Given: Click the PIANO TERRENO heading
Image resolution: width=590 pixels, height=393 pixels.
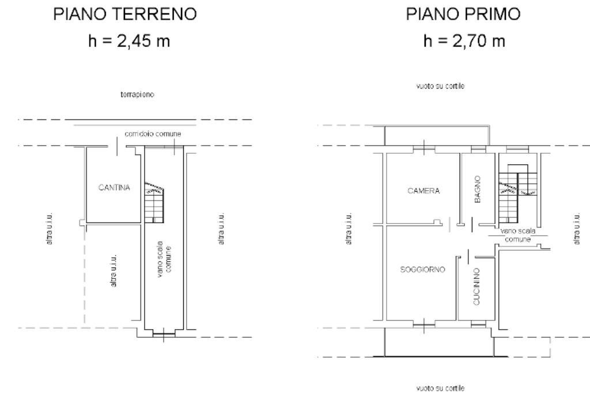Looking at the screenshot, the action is point(125,14).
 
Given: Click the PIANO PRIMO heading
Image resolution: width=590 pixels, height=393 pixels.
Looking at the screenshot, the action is point(463,14).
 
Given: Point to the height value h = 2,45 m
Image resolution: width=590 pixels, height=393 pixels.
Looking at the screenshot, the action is point(129,41).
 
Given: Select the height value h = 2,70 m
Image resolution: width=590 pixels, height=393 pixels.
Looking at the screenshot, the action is point(464,41).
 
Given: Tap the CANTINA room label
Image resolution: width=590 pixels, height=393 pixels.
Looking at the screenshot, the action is point(114,187).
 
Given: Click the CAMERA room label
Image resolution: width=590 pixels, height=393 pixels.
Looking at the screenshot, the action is point(423,191).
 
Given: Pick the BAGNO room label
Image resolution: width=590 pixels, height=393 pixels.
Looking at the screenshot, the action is point(478,189).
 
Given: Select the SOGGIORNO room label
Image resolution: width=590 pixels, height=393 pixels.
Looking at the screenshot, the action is point(422,270).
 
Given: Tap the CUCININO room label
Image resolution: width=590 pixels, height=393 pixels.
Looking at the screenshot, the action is point(476,286).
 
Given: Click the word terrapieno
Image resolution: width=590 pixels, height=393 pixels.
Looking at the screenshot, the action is point(137,95).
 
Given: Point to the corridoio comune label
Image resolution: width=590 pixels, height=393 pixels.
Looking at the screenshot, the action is point(153,134).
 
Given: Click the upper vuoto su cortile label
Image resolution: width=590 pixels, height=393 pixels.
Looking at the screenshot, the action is point(440,86).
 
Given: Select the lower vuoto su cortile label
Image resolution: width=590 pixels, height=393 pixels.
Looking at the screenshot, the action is point(440,388).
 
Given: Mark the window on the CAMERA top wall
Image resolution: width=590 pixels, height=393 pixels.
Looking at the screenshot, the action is point(424,149).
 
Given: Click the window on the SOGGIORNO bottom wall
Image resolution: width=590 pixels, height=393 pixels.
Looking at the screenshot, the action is point(423,324).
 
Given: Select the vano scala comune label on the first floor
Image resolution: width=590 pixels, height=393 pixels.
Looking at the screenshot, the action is point(518,235).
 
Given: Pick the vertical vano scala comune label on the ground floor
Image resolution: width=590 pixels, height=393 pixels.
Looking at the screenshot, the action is point(164,259).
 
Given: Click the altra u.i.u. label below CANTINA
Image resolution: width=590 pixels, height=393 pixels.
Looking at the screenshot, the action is point(114,271).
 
